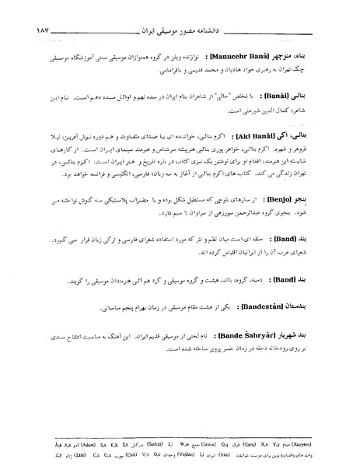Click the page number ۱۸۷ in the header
tap(21, 32)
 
